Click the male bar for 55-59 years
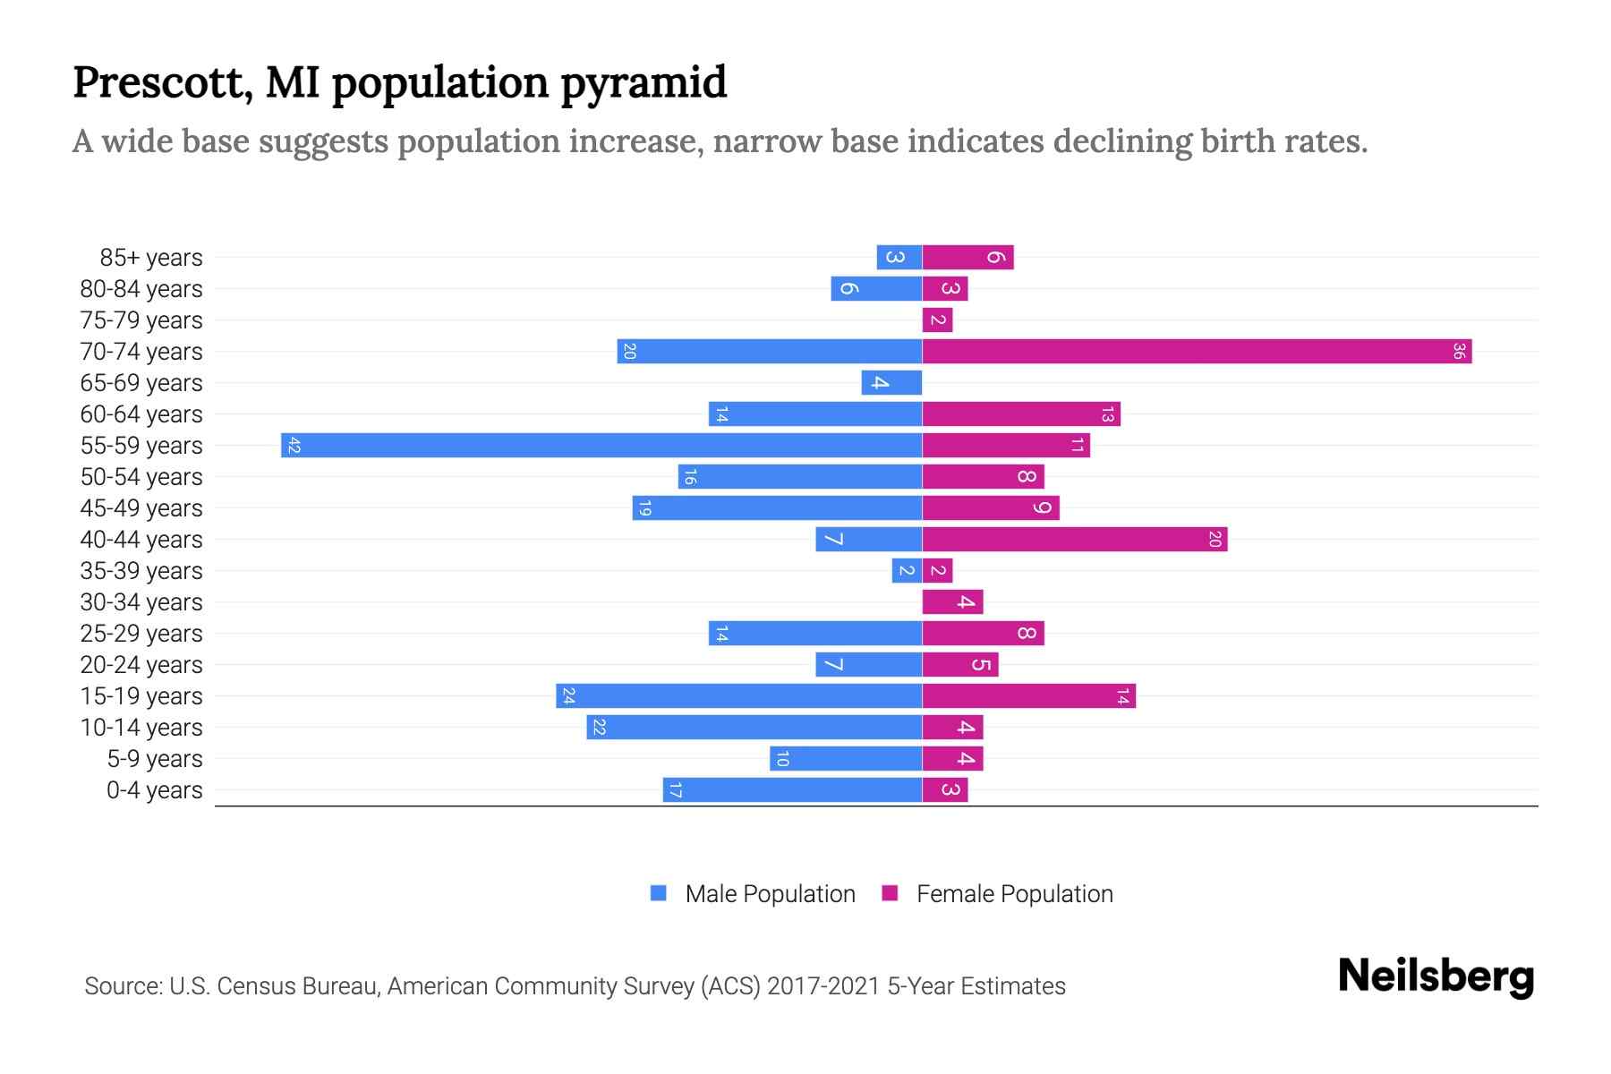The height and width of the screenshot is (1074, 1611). [601, 445]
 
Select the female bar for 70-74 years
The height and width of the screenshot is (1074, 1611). [1197, 351]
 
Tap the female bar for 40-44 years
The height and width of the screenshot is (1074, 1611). [1074, 539]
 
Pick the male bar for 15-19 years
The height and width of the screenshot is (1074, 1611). [738, 695]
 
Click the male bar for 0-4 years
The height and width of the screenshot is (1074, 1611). [792, 789]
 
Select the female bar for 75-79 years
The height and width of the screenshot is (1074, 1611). [937, 320]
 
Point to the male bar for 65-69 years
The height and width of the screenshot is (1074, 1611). [891, 382]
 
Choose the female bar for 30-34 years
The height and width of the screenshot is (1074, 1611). [952, 601]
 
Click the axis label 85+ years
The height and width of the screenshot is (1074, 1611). [150, 258]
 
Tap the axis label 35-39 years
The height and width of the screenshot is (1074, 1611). [141, 571]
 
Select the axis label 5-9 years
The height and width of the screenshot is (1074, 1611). [154, 759]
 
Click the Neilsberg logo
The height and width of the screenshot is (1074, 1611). [1436, 976]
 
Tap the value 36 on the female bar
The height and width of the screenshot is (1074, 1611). [1458, 351]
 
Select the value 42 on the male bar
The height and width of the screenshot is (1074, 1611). [294, 445]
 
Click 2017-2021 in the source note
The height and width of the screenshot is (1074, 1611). [823, 986]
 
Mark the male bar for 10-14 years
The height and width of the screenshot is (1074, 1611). [754, 727]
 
